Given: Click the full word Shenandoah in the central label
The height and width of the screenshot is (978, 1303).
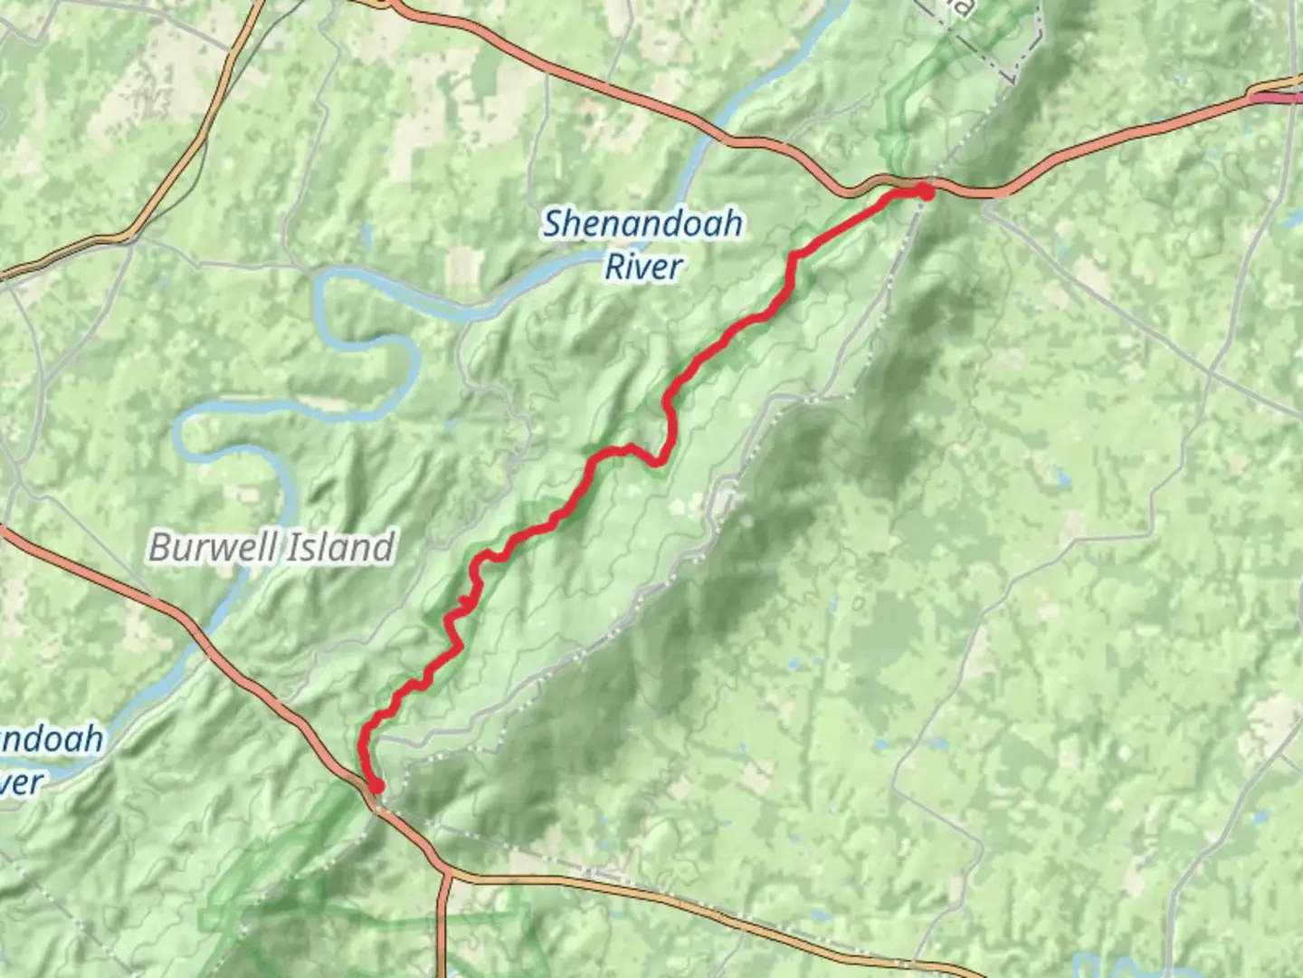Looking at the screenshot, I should tap(642, 224).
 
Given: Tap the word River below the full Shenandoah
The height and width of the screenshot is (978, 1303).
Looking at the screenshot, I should tap(642, 267).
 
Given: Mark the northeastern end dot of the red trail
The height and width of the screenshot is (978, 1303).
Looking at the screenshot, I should tap(924, 191).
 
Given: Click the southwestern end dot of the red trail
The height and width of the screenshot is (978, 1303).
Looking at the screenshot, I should tap(376, 786).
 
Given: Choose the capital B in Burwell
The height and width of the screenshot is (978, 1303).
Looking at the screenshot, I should tap(160, 547).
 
